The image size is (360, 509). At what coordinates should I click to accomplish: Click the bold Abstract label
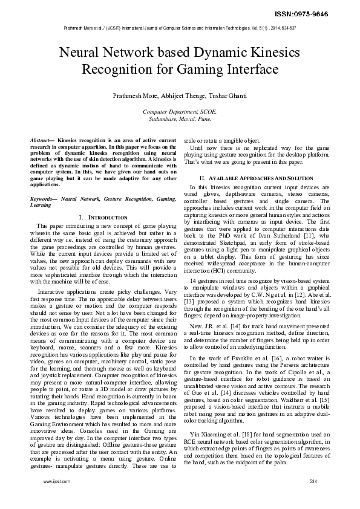point(41,140)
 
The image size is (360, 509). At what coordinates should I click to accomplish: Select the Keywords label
point(44,199)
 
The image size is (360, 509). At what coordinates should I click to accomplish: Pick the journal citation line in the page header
point(180,28)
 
